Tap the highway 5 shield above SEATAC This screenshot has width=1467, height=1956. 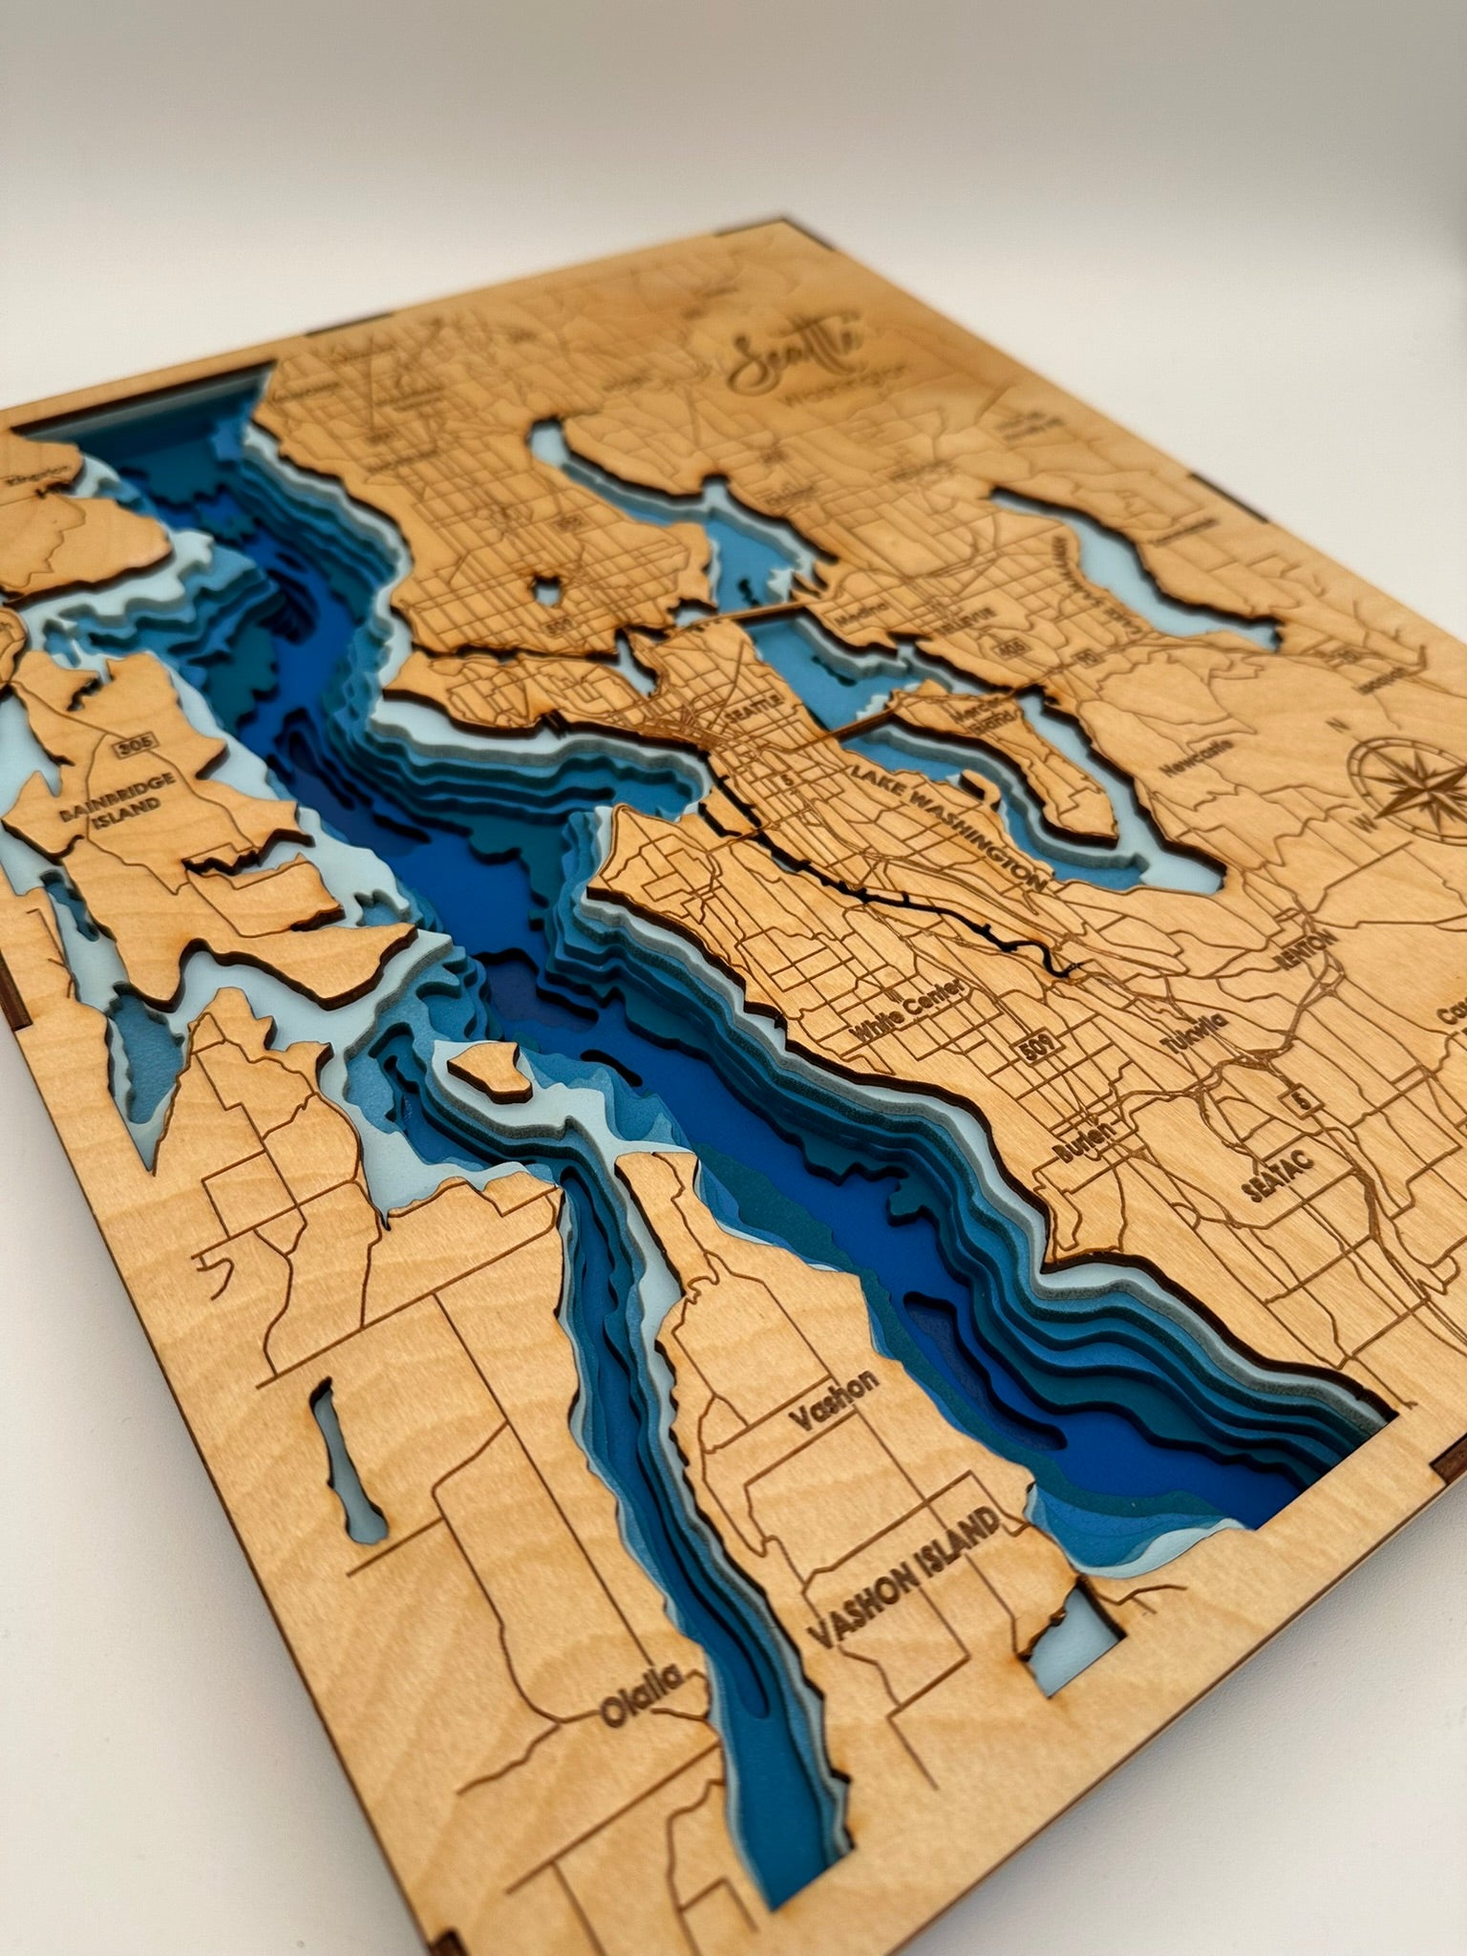[x=1301, y=1101]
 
